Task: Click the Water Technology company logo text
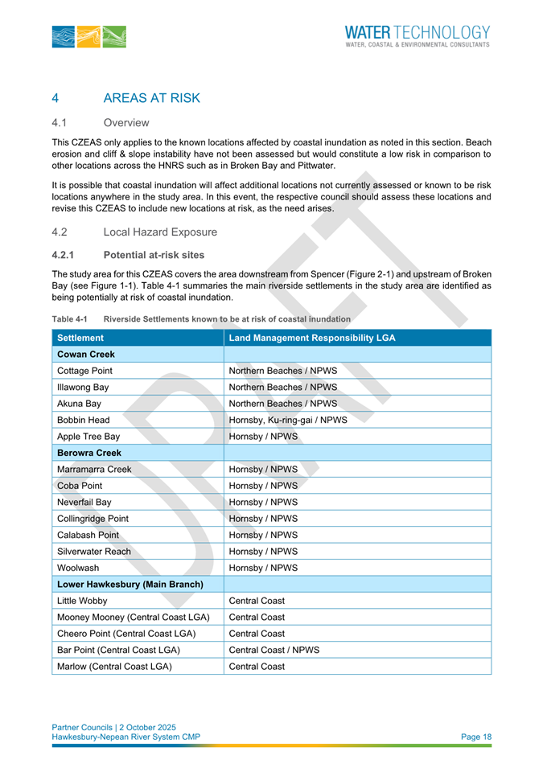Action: click(x=417, y=35)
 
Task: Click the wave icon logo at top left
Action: click(x=88, y=36)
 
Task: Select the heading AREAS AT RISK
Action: click(x=151, y=98)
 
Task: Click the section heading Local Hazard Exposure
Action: click(x=160, y=232)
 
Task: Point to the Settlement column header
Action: click(x=80, y=338)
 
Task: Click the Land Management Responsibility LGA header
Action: click(x=312, y=338)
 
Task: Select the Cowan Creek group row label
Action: click(x=86, y=354)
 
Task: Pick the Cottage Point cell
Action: click(x=85, y=371)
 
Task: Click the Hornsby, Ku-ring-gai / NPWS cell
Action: click(x=288, y=420)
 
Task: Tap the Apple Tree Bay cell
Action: click(x=88, y=437)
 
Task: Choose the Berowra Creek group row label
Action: click(x=89, y=453)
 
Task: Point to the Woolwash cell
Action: click(x=78, y=568)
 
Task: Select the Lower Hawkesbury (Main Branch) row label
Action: click(x=130, y=584)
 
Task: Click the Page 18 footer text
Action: click(x=476, y=737)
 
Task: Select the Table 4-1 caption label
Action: click(x=69, y=319)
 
